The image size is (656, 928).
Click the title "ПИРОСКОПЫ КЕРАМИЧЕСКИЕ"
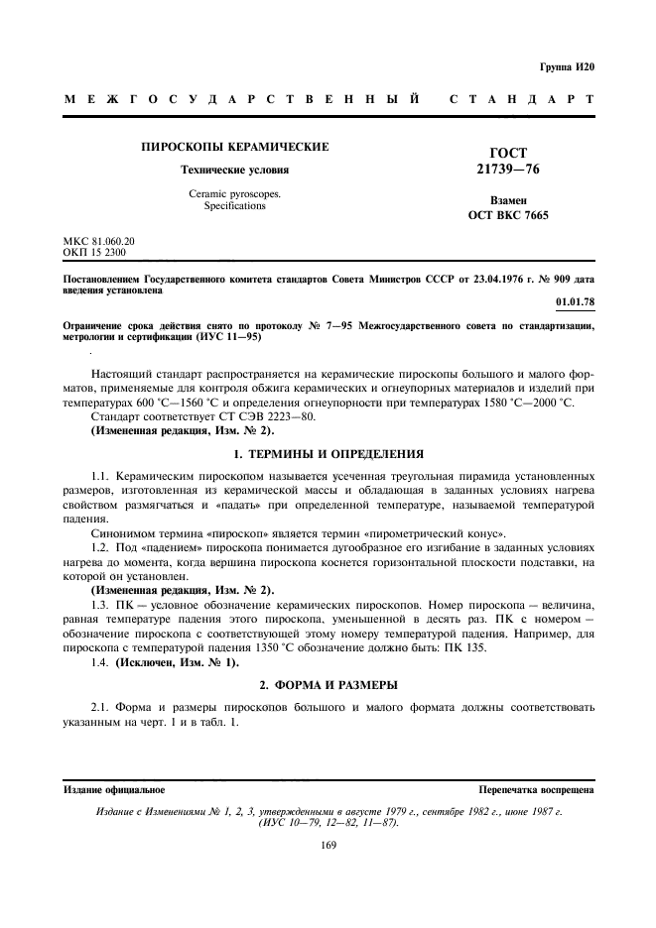pos(235,147)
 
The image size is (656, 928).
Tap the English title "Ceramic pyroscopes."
pos(235,194)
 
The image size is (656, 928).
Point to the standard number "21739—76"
pos(509,171)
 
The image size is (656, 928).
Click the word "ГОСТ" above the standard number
pos(509,153)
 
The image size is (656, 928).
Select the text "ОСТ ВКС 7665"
pos(508,215)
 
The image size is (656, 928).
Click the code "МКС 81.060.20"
pos(99,241)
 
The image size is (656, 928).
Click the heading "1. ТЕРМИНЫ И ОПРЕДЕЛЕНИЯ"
pos(328,454)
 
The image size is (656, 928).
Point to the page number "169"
pos(328,845)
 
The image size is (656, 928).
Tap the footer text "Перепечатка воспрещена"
pos(536,790)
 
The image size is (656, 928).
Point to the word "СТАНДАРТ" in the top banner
pos(522,100)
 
